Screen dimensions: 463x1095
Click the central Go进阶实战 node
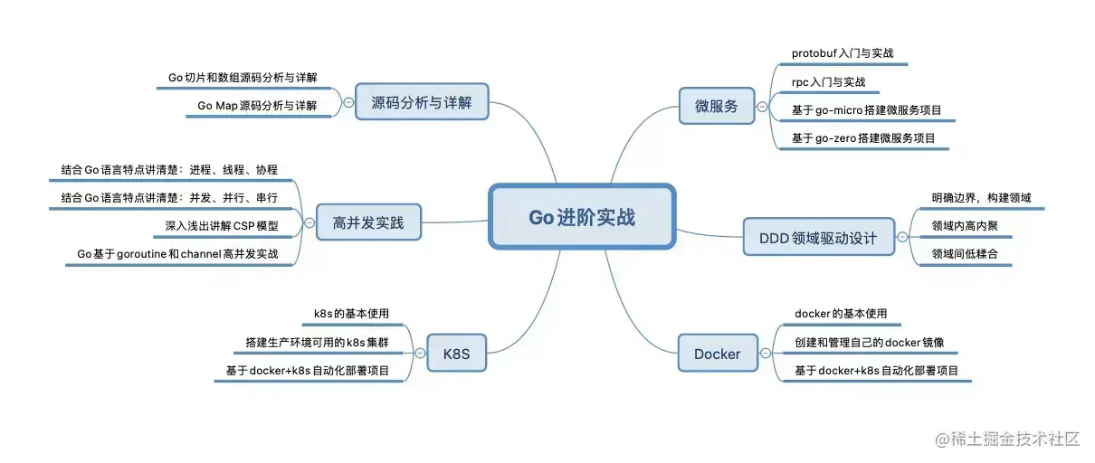582,217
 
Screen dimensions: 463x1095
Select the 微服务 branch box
716,106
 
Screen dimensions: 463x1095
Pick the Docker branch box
717,354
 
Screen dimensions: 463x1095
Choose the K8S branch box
456,353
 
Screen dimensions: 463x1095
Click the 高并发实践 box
368,222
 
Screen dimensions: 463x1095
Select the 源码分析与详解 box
422,102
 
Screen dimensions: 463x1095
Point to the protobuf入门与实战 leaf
843,53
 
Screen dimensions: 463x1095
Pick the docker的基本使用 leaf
841,314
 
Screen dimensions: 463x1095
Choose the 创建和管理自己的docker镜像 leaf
869,343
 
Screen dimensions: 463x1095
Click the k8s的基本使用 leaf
351,314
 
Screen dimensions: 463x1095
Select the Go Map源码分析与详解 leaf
257,106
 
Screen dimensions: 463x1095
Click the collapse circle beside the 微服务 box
762,106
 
